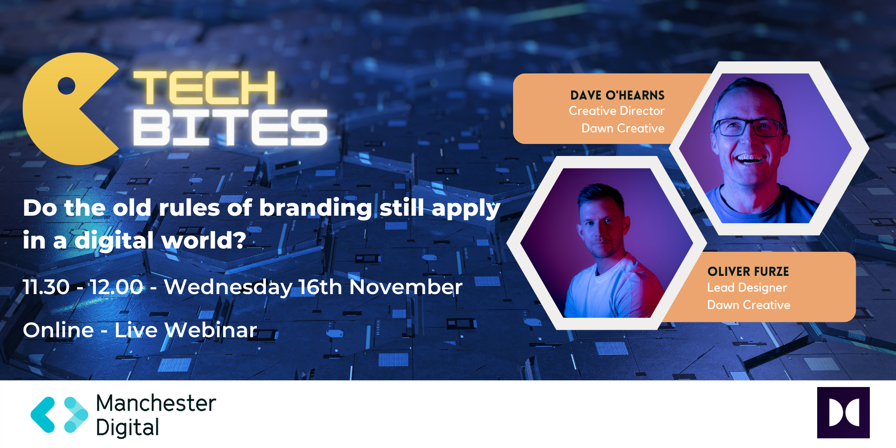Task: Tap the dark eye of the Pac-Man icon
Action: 66,86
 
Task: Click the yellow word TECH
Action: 204,88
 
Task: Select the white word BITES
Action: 231,127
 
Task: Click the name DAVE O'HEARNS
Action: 617,95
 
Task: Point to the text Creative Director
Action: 616,111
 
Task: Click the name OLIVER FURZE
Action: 748,272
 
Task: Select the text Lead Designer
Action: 747,288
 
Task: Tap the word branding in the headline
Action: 315,208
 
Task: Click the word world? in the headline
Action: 203,241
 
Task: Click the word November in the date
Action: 406,287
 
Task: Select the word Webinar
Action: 211,330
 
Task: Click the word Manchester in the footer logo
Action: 156,403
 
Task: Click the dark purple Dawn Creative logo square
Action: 843,413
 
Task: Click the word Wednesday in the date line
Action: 228,287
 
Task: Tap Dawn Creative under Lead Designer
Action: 749,305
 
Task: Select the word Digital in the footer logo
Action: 127,428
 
